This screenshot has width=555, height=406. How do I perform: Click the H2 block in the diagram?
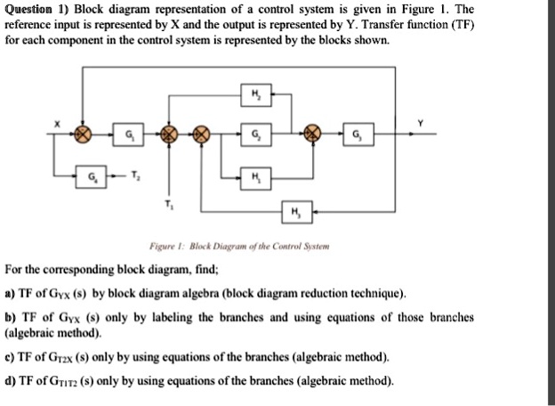point(256,95)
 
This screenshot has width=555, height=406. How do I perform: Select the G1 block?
point(131,135)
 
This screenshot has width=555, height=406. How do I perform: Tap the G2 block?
point(256,135)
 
